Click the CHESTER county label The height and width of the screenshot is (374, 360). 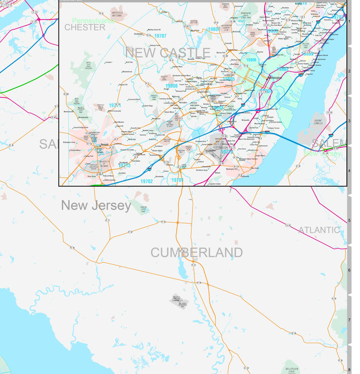tap(85, 27)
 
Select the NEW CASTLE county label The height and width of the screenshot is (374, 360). tap(167, 53)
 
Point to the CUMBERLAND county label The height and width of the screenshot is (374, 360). tap(196, 252)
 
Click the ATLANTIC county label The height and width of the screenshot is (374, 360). tap(319, 230)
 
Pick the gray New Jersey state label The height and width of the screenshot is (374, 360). tap(96, 205)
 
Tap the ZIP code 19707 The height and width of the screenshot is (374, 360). tap(160, 36)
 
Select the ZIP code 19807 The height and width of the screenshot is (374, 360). tap(214, 29)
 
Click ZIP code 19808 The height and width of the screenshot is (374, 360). tap(171, 86)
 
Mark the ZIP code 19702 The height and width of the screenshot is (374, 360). tap(147, 181)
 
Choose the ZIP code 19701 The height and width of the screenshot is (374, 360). tap(177, 180)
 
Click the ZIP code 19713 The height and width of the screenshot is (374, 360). tap(124, 165)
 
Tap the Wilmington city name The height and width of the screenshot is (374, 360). tap(275, 78)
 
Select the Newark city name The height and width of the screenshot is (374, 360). tap(104, 145)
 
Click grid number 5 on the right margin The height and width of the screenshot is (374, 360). tap(349, 220)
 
